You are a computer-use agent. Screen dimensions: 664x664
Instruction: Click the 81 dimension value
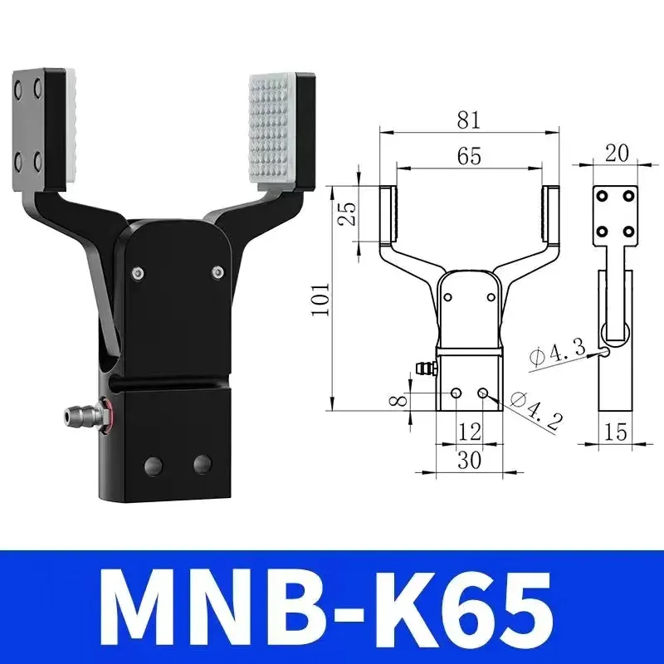point(468,120)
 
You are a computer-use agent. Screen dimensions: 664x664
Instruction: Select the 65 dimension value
point(469,156)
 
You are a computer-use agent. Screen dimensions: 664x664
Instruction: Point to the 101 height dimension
point(323,299)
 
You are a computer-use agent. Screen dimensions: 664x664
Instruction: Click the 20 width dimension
point(617,152)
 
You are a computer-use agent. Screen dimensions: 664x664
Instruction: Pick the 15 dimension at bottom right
point(615,432)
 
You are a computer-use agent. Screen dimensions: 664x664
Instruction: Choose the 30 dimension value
point(470,459)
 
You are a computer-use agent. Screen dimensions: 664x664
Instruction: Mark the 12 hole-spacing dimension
point(470,430)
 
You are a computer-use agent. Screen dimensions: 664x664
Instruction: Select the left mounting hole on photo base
point(154,464)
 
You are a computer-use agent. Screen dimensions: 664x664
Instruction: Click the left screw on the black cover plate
point(137,271)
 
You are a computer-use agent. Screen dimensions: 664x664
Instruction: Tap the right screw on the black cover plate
point(217,271)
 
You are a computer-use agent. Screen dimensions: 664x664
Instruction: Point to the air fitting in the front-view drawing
point(425,367)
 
